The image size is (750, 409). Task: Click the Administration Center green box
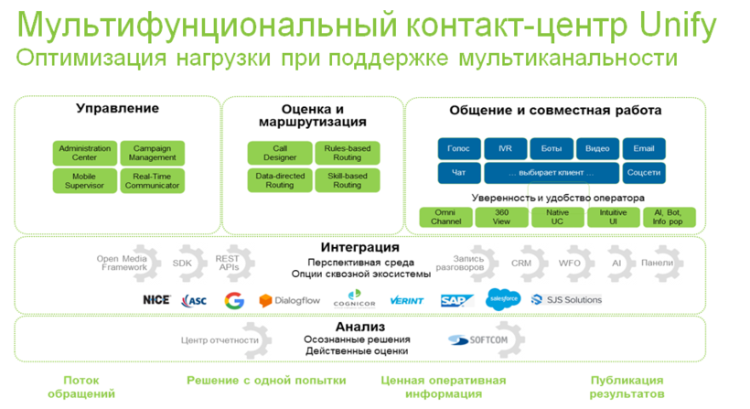(x=84, y=153)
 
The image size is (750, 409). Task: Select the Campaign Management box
(x=152, y=153)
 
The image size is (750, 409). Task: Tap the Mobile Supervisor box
(x=84, y=181)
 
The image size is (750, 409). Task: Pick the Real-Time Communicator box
(x=152, y=181)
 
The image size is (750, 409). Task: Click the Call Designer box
(x=280, y=153)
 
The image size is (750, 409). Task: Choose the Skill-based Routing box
(x=347, y=181)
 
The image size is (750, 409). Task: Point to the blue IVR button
(x=505, y=148)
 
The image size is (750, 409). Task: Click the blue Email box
(x=644, y=148)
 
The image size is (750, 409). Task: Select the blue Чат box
(x=458, y=172)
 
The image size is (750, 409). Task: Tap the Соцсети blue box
(x=644, y=172)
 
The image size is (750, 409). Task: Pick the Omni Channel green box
(x=445, y=217)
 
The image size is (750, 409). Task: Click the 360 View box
(x=501, y=217)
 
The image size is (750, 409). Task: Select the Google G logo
(x=234, y=300)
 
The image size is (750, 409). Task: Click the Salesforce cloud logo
(x=503, y=298)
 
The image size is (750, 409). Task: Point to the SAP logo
(x=456, y=300)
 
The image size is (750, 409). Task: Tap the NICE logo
(x=156, y=300)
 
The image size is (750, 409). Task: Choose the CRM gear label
(x=520, y=263)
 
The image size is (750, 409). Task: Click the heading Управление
(x=117, y=109)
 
